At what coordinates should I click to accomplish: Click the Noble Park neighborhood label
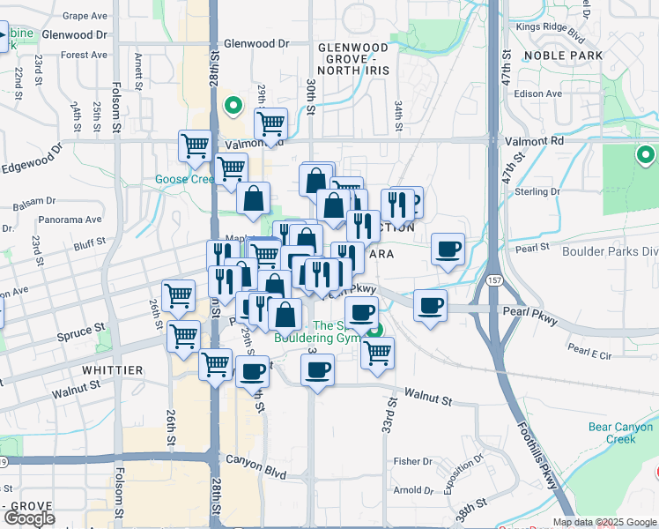562,55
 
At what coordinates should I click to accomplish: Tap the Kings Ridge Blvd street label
552,32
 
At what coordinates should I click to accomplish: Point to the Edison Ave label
541,93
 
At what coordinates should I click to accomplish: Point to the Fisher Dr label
412,460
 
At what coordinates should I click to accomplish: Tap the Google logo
29,518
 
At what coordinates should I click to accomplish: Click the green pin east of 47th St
645,155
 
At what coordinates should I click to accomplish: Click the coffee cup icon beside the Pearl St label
448,250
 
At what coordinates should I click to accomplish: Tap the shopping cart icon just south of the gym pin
377,352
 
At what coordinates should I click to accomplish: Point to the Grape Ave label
85,16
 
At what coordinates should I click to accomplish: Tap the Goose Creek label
185,179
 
